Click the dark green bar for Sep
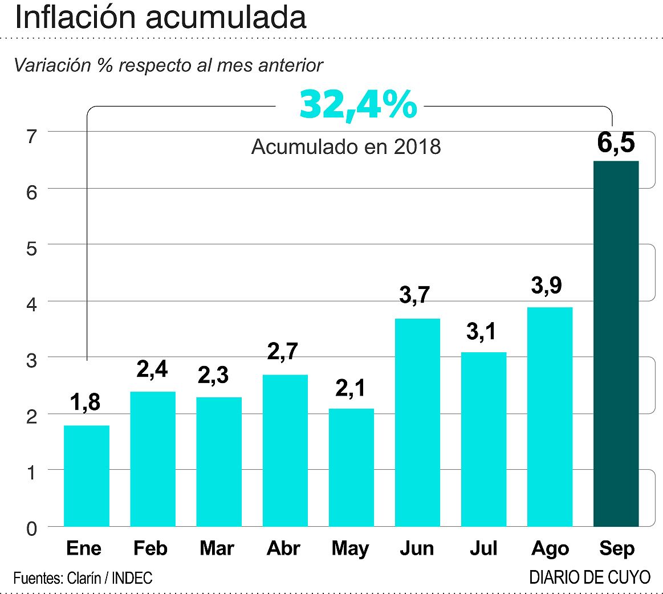coord(616,343)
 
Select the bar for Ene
coord(86,475)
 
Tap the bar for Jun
coord(417,422)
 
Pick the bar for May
coord(351,467)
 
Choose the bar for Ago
coord(550,416)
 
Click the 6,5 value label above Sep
coord(616,143)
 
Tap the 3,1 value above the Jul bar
coord(483,331)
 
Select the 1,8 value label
coord(86,402)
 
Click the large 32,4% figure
coord(358,104)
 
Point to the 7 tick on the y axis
coord(31,136)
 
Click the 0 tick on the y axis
coord(31,529)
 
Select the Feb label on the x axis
coord(151,548)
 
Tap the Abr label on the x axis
coord(283,548)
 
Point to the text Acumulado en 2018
coord(346,147)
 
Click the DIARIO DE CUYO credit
coord(589,577)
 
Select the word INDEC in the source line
coord(132,578)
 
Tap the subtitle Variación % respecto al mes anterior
coord(168,65)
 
